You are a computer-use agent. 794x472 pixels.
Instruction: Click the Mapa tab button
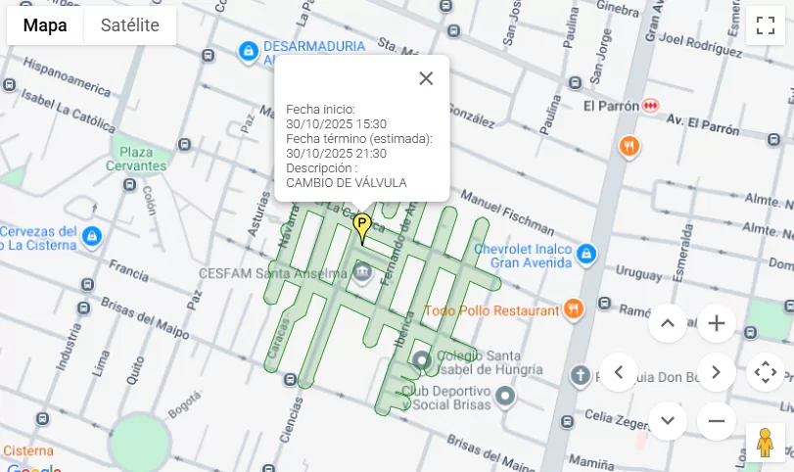point(45,25)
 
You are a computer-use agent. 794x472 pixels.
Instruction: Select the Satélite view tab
point(129,25)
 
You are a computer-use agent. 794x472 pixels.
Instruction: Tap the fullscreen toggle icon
point(765,25)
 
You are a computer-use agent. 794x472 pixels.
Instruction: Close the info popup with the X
point(425,78)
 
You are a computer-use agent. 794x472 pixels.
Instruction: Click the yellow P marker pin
point(361,227)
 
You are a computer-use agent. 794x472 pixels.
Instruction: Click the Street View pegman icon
point(765,442)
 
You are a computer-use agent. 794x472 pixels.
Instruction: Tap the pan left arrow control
point(619,372)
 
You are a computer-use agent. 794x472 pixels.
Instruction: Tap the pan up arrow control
point(668,323)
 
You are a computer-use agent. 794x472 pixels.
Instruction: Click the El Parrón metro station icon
point(651,105)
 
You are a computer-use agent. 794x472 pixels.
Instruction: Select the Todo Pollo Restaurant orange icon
point(573,310)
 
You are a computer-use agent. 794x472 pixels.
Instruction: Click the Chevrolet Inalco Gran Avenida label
point(522,256)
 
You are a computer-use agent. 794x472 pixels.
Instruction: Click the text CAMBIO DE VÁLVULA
point(346,182)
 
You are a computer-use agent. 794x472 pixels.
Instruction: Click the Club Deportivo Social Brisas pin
point(504,396)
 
